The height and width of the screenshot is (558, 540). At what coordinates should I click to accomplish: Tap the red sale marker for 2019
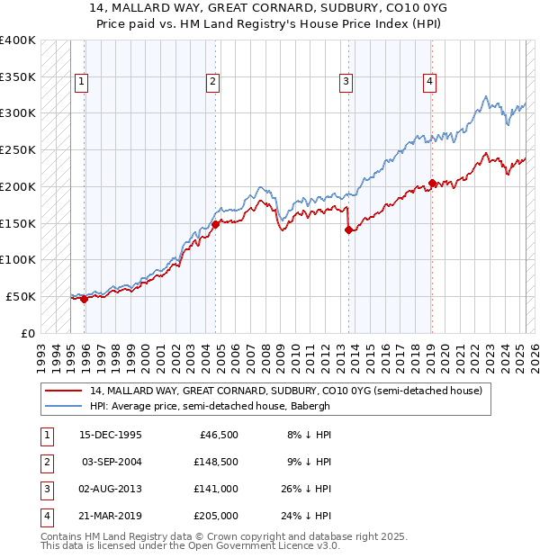coord(432,183)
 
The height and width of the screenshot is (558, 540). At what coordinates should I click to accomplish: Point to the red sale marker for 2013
coord(348,229)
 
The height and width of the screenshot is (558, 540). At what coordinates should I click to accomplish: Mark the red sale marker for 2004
coord(216,225)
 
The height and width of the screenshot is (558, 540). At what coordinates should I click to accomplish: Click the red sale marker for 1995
coord(84,300)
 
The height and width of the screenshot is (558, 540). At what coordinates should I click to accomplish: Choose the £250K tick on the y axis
coord(18,149)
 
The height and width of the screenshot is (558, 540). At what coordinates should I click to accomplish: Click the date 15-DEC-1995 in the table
coord(111,435)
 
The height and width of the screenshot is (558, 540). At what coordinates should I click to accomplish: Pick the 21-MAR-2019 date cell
coord(111,516)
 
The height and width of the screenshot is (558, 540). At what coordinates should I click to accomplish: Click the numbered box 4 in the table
coord(45,516)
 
